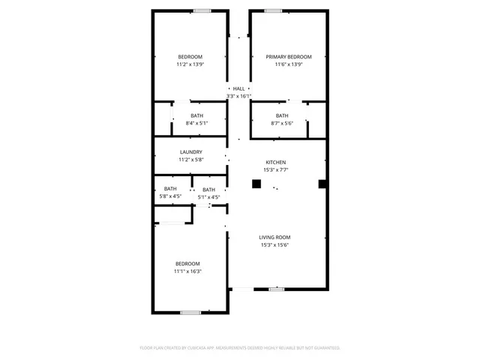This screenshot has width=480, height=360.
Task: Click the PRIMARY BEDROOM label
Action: [x=289, y=57]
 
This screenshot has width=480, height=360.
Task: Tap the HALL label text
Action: [x=238, y=88]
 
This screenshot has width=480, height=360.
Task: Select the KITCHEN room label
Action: [x=275, y=162]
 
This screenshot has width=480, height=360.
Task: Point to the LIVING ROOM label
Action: [x=274, y=237]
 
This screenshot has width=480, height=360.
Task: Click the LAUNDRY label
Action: [x=190, y=152]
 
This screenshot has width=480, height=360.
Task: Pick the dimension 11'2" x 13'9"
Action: [x=190, y=64]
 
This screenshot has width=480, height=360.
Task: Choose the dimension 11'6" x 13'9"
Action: [x=289, y=64]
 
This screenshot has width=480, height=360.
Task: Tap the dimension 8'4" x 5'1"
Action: [x=196, y=123]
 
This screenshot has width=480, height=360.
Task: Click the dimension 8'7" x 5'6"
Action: [x=282, y=123]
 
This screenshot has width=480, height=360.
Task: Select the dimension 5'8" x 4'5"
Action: [x=171, y=196]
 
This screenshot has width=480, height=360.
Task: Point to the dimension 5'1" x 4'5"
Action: [x=208, y=197]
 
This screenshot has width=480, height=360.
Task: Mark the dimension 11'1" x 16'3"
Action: [x=187, y=271]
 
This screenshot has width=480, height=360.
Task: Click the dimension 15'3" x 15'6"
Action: [x=274, y=244]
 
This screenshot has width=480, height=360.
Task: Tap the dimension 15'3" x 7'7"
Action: [x=275, y=169]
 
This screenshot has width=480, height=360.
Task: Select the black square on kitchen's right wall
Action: [x=322, y=184]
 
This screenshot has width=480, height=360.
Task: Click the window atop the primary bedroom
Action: [x=273, y=10]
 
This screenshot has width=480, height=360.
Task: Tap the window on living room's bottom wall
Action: [x=277, y=289]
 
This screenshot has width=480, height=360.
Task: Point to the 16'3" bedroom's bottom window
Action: [x=190, y=312]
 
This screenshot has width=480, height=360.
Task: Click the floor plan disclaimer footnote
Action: [x=240, y=348]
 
